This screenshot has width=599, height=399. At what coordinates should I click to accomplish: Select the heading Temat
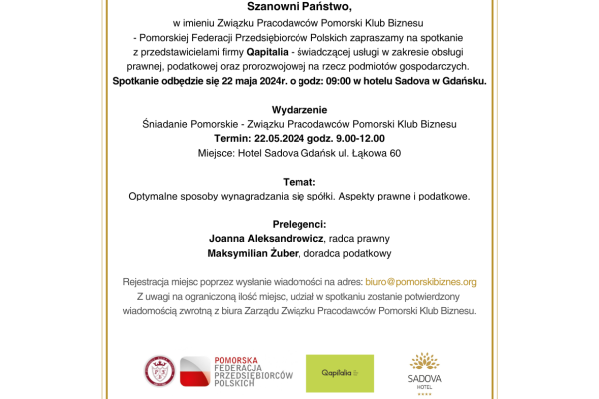(x=299, y=182)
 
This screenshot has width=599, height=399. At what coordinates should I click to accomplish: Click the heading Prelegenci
(x=299, y=225)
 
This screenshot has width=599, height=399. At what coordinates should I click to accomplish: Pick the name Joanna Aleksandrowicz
(x=264, y=240)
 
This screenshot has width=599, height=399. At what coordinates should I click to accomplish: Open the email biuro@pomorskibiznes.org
(x=422, y=282)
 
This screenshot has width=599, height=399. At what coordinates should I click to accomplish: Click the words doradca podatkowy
(x=346, y=255)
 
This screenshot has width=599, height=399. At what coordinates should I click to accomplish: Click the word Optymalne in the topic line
(x=158, y=197)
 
